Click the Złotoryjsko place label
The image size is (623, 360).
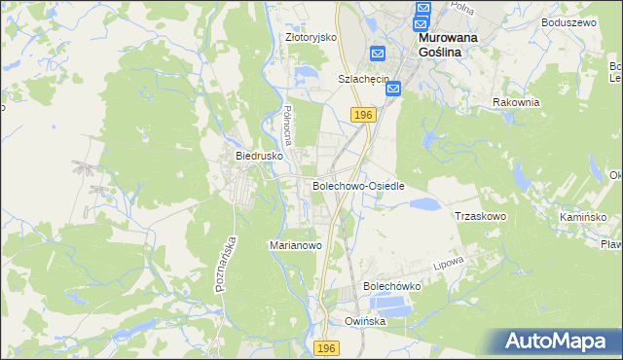311,37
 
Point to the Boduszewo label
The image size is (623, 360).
568,21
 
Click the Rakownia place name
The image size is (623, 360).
516,102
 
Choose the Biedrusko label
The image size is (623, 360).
259,155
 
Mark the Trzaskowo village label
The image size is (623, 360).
481,216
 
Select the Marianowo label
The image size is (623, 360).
295,246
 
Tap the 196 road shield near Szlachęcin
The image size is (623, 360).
363,115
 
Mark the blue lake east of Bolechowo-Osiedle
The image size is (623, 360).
421,204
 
